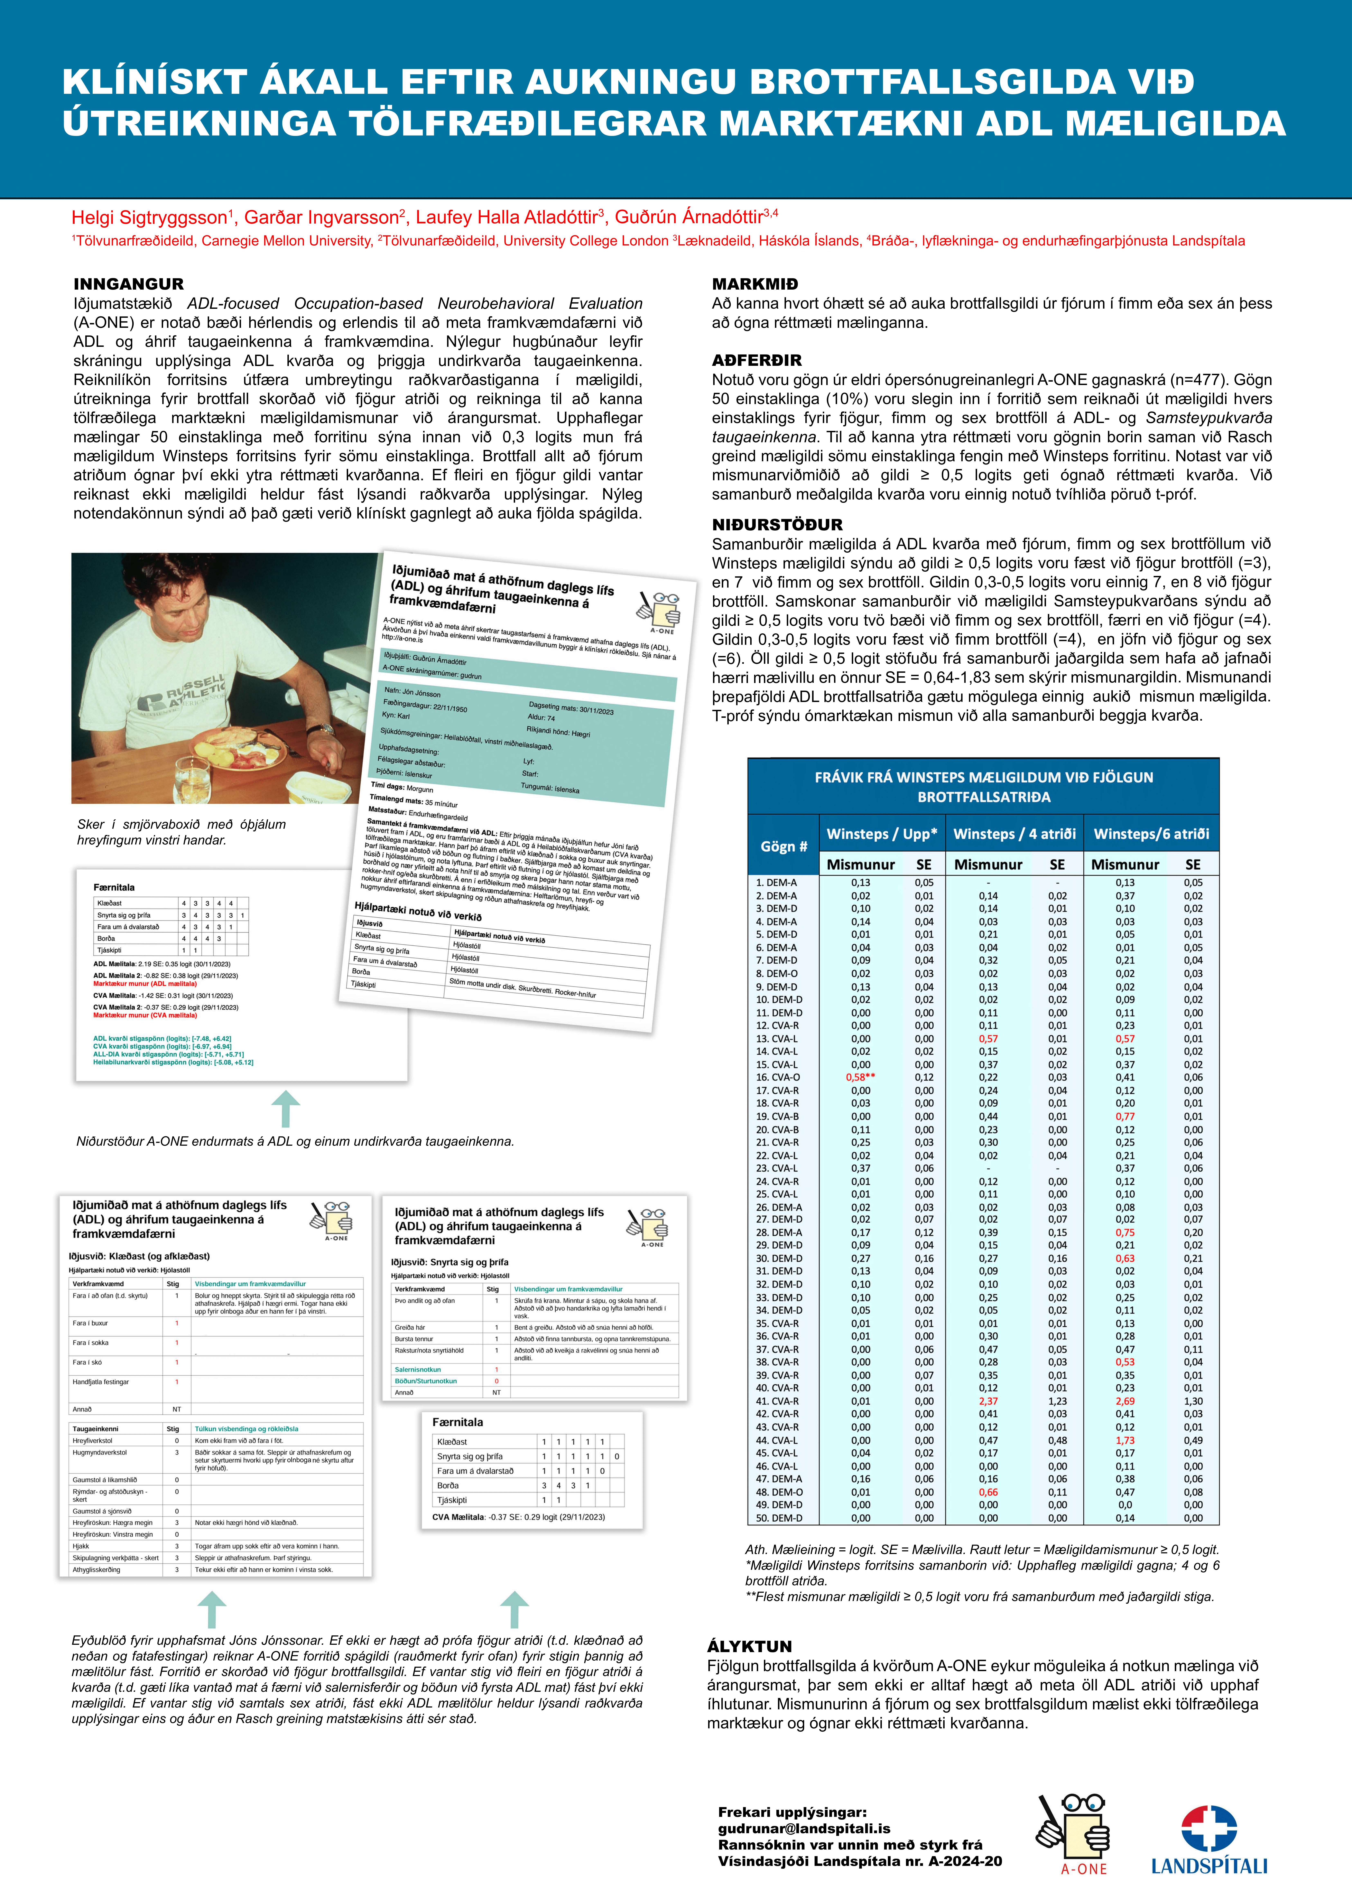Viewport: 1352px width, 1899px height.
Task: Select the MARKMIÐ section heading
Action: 754,284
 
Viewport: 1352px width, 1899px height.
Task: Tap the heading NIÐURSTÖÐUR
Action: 777,524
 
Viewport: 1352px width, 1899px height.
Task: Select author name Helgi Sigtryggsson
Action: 150,218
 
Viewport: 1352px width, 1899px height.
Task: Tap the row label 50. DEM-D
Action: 778,1518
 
